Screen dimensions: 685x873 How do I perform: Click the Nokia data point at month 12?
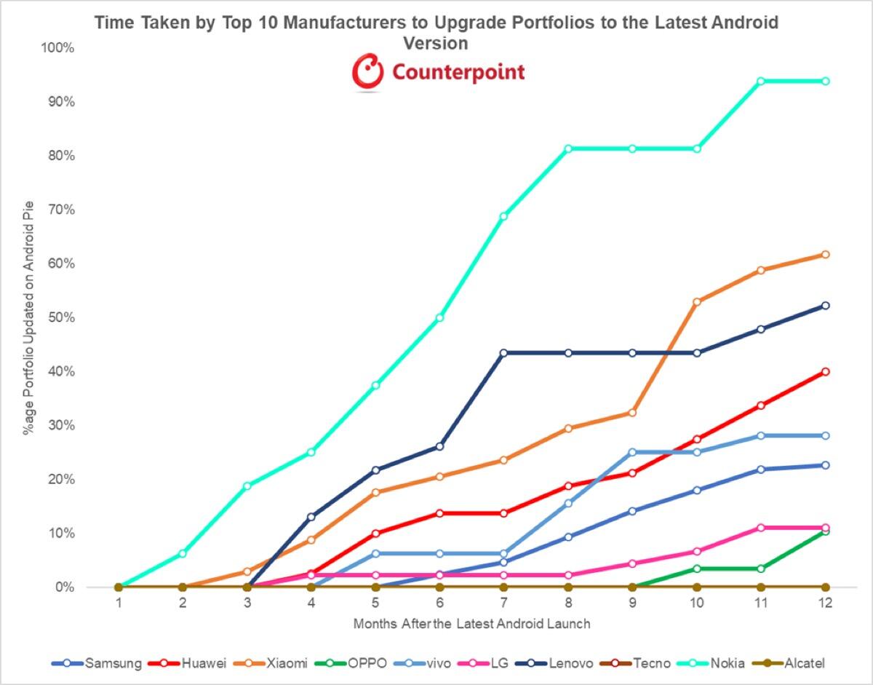[826, 81]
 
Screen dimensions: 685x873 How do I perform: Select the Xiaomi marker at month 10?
[697, 301]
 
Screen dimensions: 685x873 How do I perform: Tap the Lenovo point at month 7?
[504, 353]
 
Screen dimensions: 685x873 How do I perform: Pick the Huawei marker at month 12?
[826, 371]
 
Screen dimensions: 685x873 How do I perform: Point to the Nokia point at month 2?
[183, 554]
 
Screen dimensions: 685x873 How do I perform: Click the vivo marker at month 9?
[633, 452]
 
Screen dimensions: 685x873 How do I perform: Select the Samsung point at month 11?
[761, 470]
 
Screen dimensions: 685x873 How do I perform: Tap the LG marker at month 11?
[761, 528]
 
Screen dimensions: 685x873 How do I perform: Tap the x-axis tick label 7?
[504, 603]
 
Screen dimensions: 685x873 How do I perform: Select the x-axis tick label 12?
[826, 603]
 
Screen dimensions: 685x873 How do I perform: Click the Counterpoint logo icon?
[367, 71]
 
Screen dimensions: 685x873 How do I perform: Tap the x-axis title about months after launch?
[471, 624]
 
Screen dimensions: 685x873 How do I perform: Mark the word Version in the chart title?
[436, 43]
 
